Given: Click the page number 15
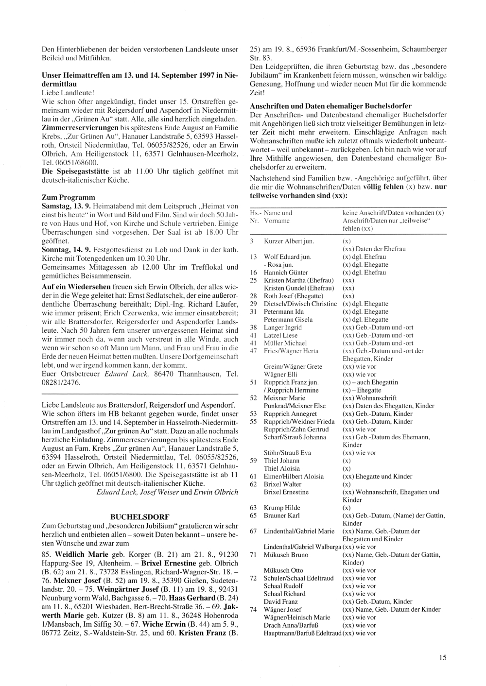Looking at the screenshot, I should point(442,658).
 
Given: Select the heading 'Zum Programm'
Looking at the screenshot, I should point(69,198).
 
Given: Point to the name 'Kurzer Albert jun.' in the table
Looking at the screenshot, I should point(289,241).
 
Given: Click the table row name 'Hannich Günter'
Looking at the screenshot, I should point(286,273).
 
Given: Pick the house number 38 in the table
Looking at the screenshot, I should point(253,327).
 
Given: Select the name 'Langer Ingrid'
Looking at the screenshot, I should point(283,327).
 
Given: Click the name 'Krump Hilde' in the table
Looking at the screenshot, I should point(282,508).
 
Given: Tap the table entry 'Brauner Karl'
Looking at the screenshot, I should point(282,515).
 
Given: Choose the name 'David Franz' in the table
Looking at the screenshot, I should point(281,601).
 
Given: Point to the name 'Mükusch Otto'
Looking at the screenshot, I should point(283,570).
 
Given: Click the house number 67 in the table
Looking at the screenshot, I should point(253,531).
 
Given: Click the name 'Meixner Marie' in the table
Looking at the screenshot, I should point(284,398).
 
